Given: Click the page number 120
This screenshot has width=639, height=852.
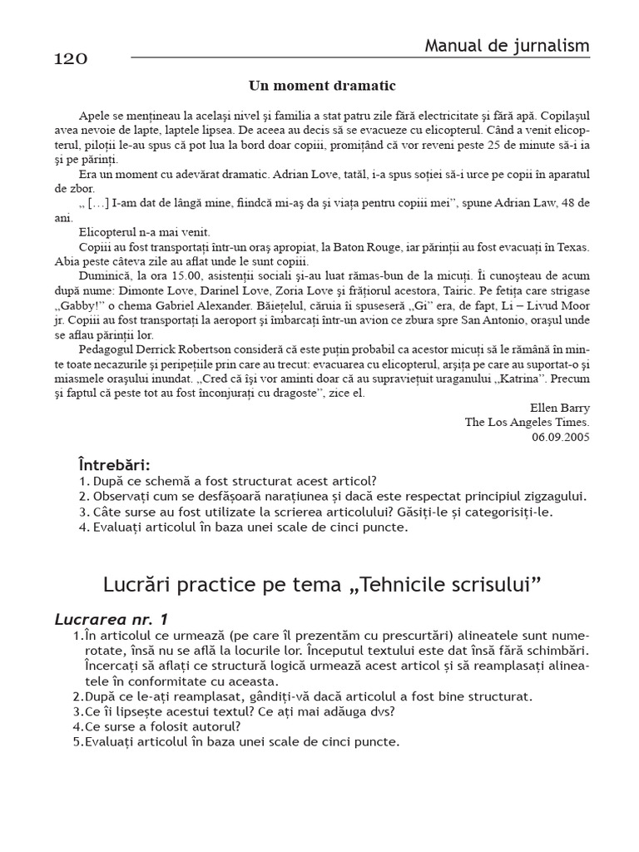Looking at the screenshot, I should click(71, 59).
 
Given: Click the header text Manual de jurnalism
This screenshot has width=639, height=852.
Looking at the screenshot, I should click(507, 46).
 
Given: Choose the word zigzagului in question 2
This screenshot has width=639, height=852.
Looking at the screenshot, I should click(548, 496).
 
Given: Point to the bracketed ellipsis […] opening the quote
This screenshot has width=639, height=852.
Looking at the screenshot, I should click(98, 203).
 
